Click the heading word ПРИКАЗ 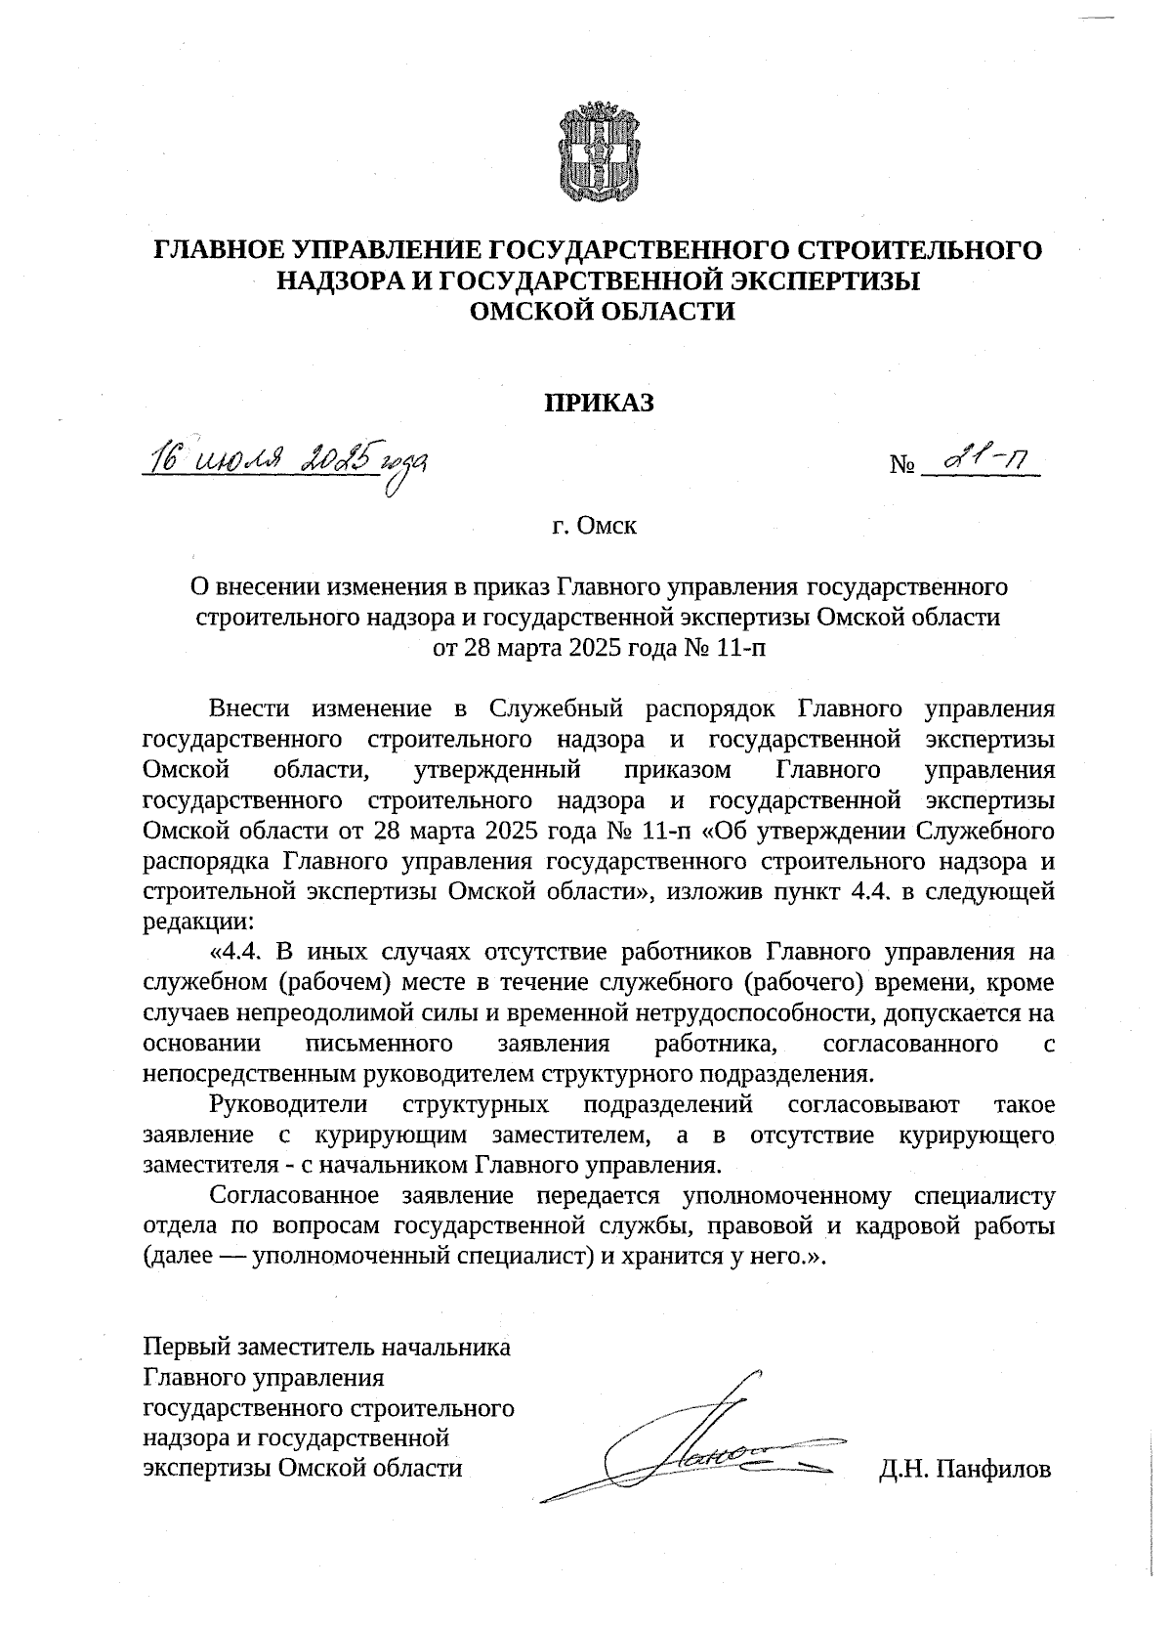click(x=597, y=402)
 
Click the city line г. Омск click(x=594, y=527)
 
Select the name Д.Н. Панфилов click(x=965, y=1469)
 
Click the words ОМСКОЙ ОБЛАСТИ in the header click(x=601, y=311)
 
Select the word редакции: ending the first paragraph click(x=198, y=921)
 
